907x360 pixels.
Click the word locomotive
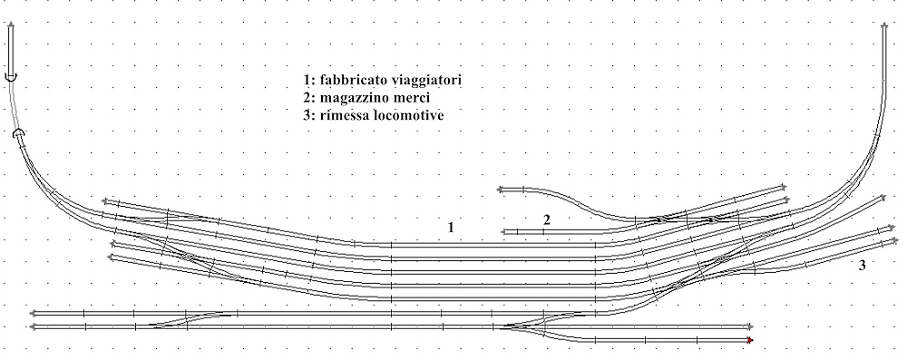pos(407,116)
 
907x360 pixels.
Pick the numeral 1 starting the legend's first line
pos(308,82)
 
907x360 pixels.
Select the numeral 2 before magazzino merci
pos(308,99)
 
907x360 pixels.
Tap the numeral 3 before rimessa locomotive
pos(308,116)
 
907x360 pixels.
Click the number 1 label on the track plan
pos(450,227)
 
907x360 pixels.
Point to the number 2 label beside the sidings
pos(546,219)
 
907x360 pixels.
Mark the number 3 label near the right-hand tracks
pos(862,265)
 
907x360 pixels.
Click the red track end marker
pos(751,341)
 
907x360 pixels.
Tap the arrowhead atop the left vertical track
pos(11,26)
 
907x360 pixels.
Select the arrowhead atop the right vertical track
pos(884,26)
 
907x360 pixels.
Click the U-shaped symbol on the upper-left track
pos(10,80)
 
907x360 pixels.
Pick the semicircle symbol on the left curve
pos(20,134)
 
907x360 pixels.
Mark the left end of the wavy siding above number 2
pos(500,190)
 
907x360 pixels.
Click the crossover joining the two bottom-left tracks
pos(185,319)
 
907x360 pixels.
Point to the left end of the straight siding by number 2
pos(503,232)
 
